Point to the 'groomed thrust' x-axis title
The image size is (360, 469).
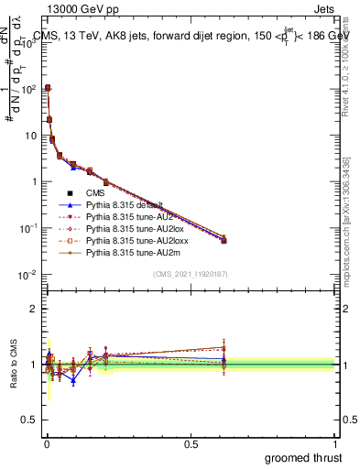(x=304, y=456)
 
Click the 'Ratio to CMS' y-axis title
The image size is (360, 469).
(x=14, y=364)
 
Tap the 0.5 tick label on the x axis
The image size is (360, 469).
(x=191, y=443)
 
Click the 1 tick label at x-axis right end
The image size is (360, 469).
(x=335, y=443)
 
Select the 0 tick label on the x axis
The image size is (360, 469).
(x=46, y=443)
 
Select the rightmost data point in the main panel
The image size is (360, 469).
(x=224, y=240)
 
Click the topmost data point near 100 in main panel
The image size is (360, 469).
(x=48, y=88)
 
